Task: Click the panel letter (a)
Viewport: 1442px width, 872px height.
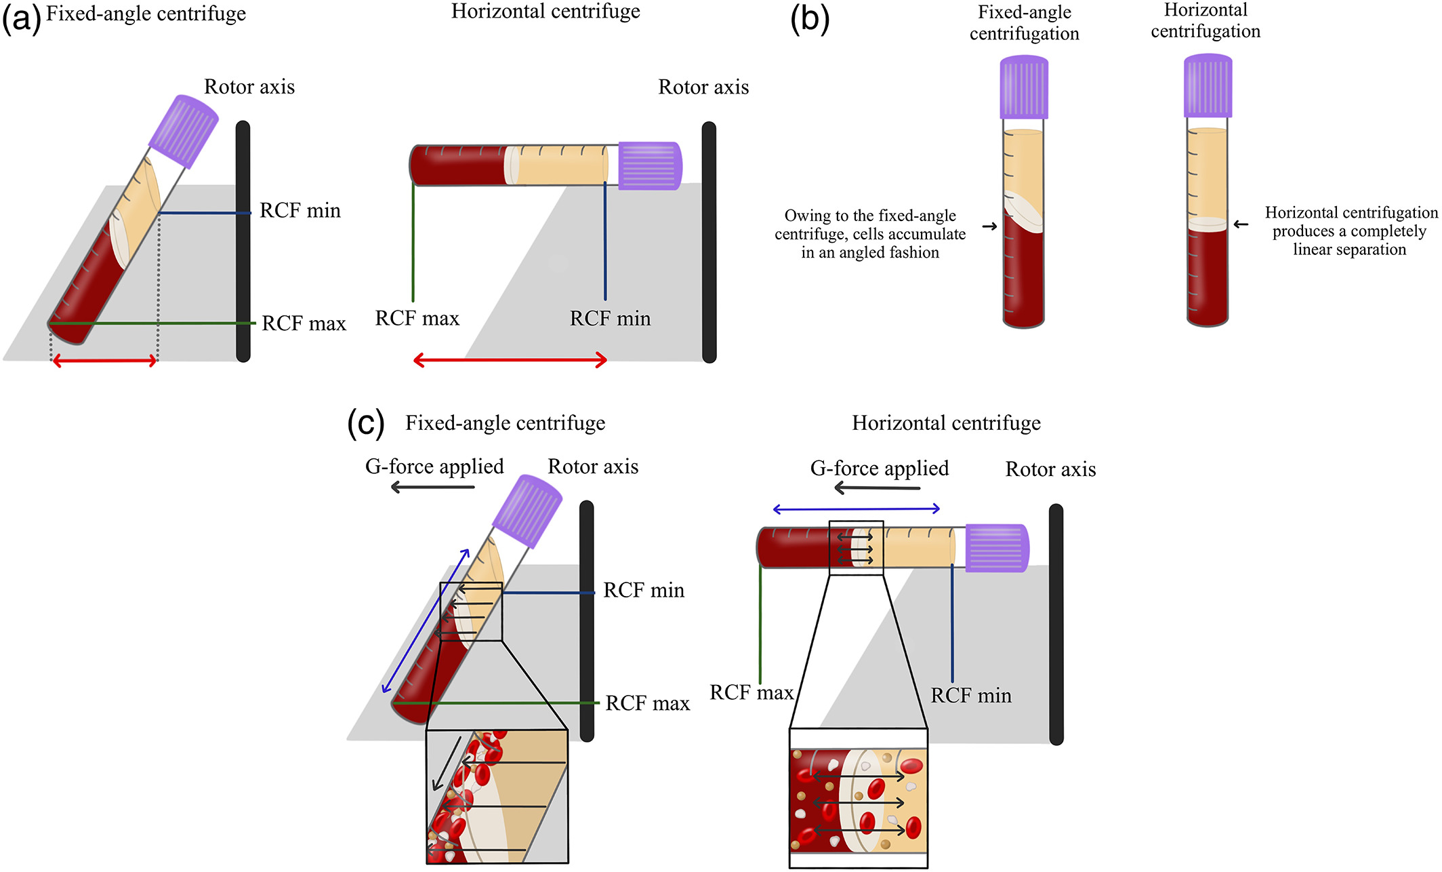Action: coord(22,19)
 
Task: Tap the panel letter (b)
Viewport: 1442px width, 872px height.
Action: coord(810,19)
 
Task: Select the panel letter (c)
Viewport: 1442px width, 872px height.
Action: coord(366,424)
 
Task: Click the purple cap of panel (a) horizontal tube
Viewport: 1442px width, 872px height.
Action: coord(649,165)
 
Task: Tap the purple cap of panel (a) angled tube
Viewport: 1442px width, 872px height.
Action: coord(184,131)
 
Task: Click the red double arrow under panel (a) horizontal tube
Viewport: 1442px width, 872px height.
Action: coord(510,360)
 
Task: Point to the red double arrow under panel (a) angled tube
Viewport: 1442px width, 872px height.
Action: coord(104,361)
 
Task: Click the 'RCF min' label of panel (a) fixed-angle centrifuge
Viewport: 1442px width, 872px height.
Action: coord(300,211)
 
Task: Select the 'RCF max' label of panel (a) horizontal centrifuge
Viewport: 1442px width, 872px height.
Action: coord(417,319)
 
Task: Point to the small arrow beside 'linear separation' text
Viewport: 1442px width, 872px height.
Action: coord(1241,224)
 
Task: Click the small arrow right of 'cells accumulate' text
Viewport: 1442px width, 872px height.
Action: coord(989,226)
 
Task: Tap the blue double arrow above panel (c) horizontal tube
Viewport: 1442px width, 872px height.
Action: coord(857,509)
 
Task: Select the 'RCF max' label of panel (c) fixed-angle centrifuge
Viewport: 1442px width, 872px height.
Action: coord(647,704)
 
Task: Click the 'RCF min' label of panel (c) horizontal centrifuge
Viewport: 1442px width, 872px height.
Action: coord(970,696)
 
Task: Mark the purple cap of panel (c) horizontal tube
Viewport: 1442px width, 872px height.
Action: coord(997,547)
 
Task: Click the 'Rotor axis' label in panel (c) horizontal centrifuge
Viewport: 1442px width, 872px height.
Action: coord(1050,469)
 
